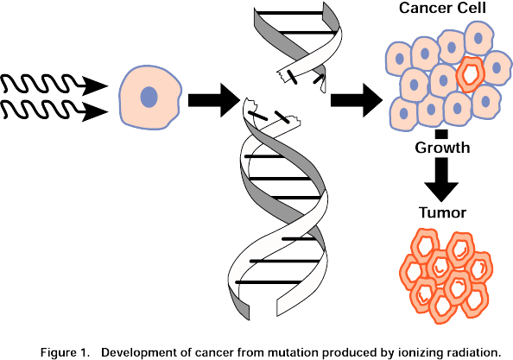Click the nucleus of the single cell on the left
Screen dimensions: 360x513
pos(149,96)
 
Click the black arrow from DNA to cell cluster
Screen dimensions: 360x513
pos(357,98)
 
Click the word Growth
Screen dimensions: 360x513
pos(441,148)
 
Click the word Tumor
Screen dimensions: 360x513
pos(441,212)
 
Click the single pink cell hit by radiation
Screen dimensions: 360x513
pos(149,97)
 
